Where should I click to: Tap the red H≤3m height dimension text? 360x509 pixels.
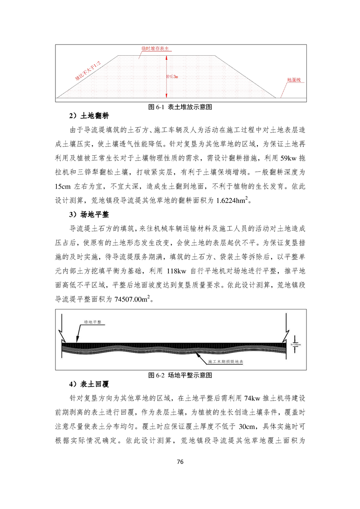(172, 77)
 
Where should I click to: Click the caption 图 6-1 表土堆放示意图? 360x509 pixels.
(181, 108)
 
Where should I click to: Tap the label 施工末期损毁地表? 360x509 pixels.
(226, 362)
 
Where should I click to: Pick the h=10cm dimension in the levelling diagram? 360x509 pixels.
(296, 345)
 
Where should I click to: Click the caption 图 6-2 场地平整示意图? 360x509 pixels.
(181, 376)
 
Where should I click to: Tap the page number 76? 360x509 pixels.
(180, 462)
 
